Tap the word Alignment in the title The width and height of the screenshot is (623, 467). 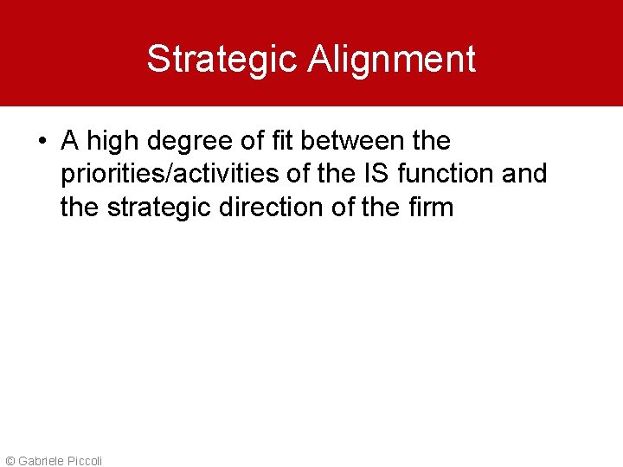coord(392,59)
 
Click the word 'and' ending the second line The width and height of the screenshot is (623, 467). coord(524,174)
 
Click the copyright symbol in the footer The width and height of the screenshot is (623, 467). coord(10,461)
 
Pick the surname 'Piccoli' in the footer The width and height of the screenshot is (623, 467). coord(84,461)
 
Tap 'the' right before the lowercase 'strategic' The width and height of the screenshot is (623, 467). coord(80,208)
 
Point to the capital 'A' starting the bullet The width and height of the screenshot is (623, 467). coord(69,140)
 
